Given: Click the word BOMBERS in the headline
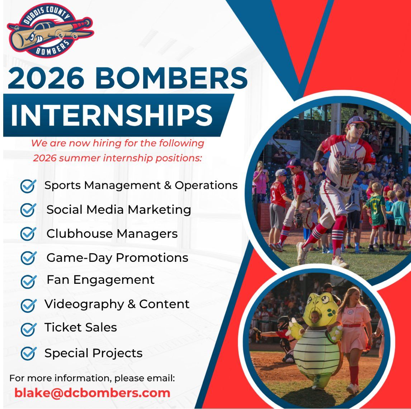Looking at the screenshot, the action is click(171, 78).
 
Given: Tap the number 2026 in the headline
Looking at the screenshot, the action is click(46, 78).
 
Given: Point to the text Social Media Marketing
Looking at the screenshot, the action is click(119, 210).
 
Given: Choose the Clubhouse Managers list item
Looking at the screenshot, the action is click(112, 234).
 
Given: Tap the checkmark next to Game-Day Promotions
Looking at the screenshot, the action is click(28, 258).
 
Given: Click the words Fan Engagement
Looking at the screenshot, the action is click(101, 280).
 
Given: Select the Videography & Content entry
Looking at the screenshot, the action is click(117, 304).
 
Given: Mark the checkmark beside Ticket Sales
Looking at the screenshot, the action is click(28, 329).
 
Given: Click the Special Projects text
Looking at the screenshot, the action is click(94, 353).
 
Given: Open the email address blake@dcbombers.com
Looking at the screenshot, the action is click(92, 393).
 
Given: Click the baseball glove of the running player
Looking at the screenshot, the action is click(350, 165).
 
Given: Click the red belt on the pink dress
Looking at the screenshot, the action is click(352, 326).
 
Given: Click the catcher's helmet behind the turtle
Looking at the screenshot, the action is click(283, 324).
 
